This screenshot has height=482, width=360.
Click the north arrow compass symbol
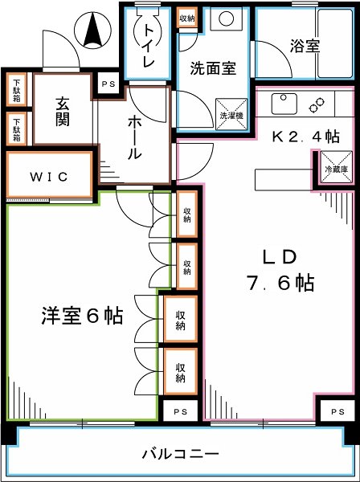click(93, 31)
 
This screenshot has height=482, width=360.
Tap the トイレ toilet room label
click(149, 46)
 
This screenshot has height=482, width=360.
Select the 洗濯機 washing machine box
click(231, 114)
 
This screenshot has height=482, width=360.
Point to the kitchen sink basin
click(284, 104)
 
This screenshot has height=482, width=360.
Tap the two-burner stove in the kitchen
click(317, 104)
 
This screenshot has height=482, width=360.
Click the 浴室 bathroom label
click(305, 46)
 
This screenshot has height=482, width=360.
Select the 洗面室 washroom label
click(213, 68)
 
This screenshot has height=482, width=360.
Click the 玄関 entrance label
click(63, 112)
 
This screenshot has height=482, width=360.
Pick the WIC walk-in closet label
click(49, 177)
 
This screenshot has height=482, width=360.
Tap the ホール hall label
click(134, 137)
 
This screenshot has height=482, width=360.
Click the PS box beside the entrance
click(108, 84)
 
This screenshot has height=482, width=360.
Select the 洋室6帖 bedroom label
click(82, 316)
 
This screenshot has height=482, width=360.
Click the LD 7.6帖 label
click(280, 270)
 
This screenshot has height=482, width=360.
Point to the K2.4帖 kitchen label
click(305, 137)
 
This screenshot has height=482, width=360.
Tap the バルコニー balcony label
click(181, 453)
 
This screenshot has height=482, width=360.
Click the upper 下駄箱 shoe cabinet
click(17, 90)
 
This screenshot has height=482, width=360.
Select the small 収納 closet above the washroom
click(187, 18)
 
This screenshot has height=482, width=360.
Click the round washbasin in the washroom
click(227, 18)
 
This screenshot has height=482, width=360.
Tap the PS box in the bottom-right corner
click(337, 411)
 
